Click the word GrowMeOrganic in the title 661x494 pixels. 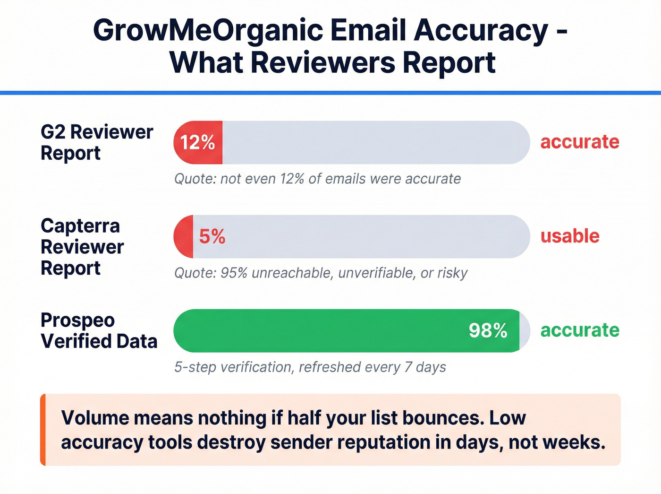[208, 30]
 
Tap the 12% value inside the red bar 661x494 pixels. [197, 142]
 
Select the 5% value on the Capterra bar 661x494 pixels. [212, 236]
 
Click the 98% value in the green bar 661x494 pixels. [488, 330]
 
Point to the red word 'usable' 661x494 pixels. [570, 236]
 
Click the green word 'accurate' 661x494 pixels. [580, 330]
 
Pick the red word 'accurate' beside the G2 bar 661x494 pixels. [580, 142]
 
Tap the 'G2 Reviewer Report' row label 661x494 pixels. [97, 142]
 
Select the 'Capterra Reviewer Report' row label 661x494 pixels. [82, 247]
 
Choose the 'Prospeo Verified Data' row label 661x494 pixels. [99, 330]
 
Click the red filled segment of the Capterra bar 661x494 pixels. [184, 236]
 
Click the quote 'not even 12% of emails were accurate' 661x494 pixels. [317, 179]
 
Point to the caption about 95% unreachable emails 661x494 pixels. [321, 273]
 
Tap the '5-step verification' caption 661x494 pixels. [310, 367]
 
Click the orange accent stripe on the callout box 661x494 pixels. [43, 429]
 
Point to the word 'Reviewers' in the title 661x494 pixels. [322, 62]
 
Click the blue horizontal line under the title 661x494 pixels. [330, 93]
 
